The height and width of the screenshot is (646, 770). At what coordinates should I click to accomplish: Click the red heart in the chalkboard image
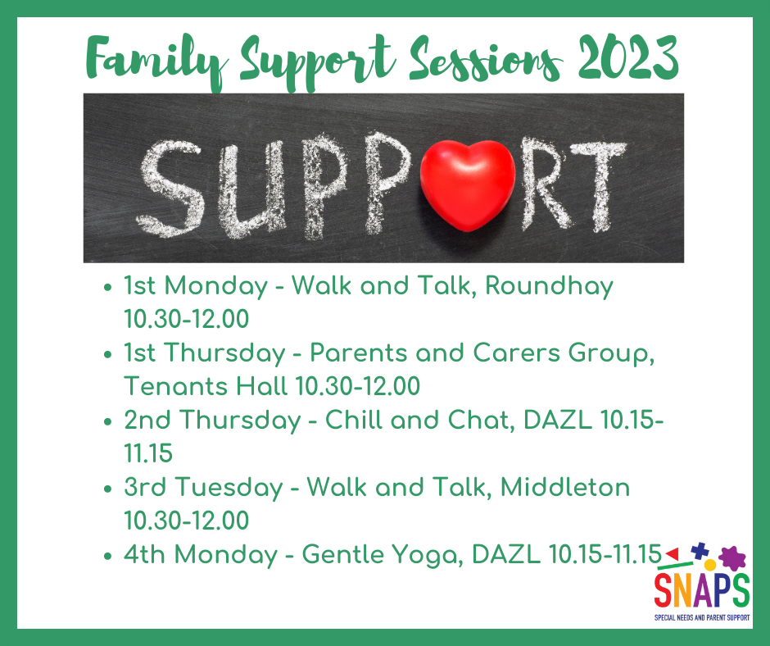point(469,180)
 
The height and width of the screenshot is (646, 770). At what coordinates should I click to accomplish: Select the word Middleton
point(565,487)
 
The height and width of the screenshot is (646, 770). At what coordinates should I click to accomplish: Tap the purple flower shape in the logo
point(734,559)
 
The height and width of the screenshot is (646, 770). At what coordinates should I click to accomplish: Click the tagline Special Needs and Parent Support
point(701,614)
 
